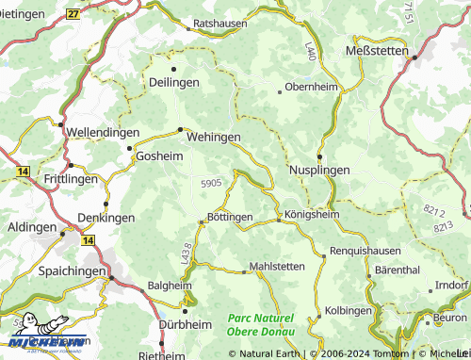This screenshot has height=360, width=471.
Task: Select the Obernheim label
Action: point(310,89)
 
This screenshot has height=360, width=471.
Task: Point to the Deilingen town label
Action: point(173,83)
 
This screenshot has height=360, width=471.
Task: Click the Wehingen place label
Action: point(214,137)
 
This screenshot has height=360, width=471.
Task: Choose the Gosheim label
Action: point(160,155)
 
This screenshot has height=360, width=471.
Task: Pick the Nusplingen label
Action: point(319,170)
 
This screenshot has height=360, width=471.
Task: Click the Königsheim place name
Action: point(311,214)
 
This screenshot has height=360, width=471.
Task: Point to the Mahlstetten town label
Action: point(278,267)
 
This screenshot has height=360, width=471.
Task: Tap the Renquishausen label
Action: point(365,252)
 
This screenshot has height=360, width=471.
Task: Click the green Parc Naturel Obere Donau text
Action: point(261,325)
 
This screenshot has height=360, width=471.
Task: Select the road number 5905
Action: point(211,183)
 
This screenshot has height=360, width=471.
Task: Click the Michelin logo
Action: point(45,340)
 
